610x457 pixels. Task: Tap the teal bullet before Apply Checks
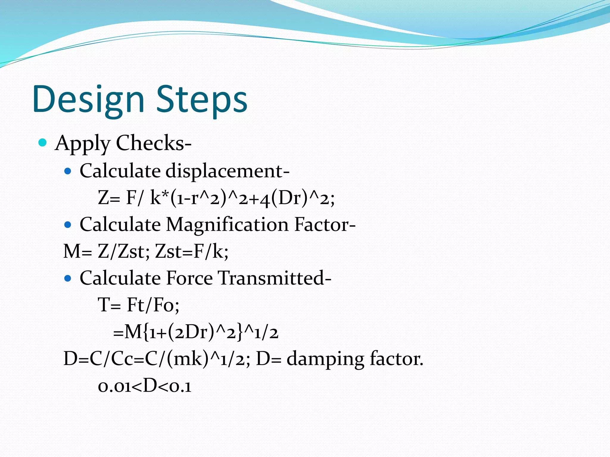click(x=43, y=143)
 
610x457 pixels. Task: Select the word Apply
click(x=83, y=144)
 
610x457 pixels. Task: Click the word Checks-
click(x=154, y=143)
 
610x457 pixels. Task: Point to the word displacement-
click(x=228, y=171)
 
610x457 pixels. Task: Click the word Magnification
click(x=227, y=224)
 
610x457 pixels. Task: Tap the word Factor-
click(x=325, y=224)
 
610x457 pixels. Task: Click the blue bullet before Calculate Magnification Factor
click(x=68, y=225)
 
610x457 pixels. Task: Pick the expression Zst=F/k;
click(x=192, y=251)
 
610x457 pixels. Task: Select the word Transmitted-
click(x=275, y=278)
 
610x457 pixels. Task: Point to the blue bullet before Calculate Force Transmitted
click(x=68, y=278)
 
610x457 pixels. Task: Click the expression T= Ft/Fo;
click(x=139, y=305)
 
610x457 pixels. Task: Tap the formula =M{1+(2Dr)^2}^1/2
click(x=196, y=332)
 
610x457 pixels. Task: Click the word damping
click(x=325, y=359)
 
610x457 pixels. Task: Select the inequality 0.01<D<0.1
click(x=145, y=386)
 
